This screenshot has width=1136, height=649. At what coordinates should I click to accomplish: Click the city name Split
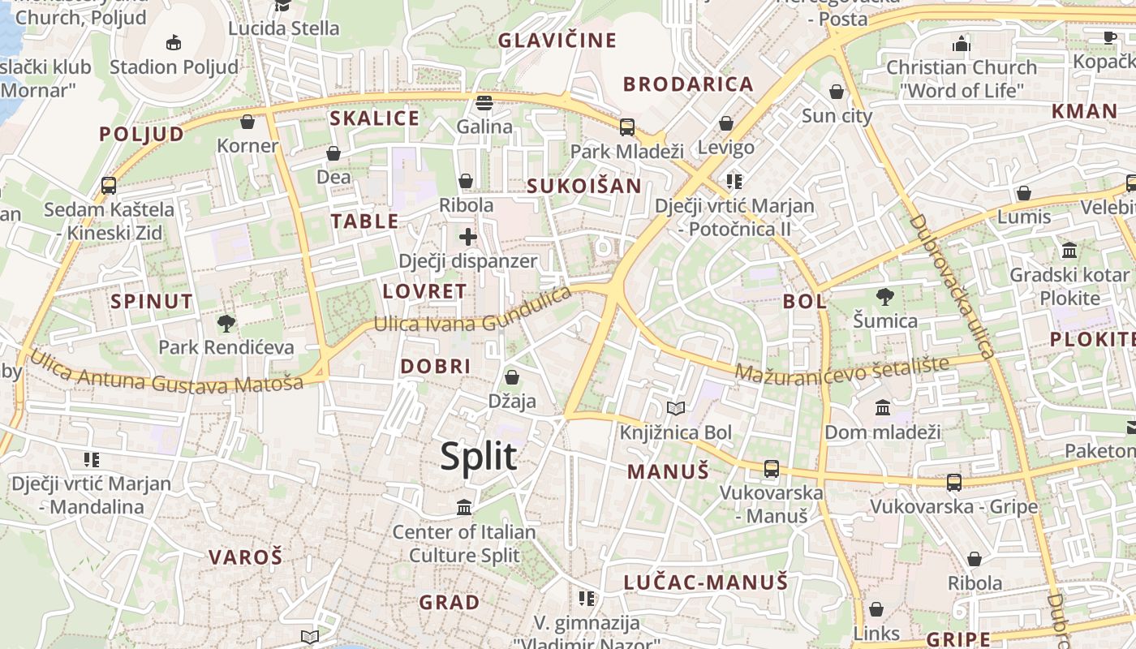(x=479, y=457)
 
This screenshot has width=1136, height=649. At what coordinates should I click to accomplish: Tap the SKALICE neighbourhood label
(x=374, y=118)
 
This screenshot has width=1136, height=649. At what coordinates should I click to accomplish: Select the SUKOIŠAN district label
(x=584, y=186)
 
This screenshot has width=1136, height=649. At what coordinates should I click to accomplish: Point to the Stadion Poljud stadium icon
(x=173, y=43)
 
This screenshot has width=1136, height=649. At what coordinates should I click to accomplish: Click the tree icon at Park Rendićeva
(x=226, y=324)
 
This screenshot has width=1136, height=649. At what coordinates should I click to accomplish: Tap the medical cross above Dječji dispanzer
(x=467, y=237)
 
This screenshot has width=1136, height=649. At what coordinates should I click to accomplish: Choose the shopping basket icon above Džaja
(x=512, y=377)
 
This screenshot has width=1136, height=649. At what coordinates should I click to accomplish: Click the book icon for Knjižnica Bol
(x=676, y=408)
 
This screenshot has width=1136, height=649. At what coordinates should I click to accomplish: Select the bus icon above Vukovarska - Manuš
(x=771, y=469)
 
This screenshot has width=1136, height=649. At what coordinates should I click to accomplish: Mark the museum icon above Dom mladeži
(x=883, y=407)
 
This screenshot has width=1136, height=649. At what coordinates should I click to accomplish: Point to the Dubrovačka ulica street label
(x=951, y=286)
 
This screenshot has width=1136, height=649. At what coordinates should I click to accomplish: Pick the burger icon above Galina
(x=484, y=103)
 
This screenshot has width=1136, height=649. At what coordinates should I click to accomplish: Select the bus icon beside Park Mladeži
(x=627, y=127)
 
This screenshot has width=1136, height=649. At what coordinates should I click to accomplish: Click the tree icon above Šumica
(x=884, y=296)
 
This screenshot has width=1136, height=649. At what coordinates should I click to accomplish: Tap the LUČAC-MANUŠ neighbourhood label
(x=706, y=582)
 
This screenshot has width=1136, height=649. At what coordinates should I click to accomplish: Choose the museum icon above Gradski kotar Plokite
(x=1069, y=250)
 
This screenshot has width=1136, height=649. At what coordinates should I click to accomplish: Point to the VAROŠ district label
(x=246, y=557)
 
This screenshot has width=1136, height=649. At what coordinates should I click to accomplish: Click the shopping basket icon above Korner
(x=247, y=122)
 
